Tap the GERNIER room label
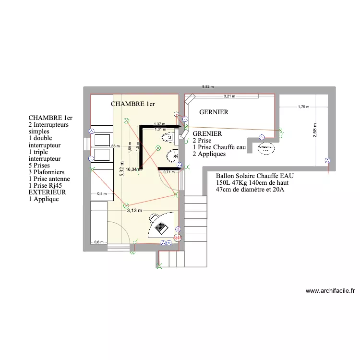[213, 112]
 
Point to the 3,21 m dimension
[230, 96]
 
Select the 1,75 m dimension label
[303, 107]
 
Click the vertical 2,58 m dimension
[315, 130]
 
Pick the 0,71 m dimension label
[168, 172]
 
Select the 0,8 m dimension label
[102, 194]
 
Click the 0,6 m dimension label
[98, 242]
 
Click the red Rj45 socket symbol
[177, 237]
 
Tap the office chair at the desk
[161, 225]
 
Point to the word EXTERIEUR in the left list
[47, 192]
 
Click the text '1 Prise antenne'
[49, 179]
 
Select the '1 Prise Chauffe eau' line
[219, 147]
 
